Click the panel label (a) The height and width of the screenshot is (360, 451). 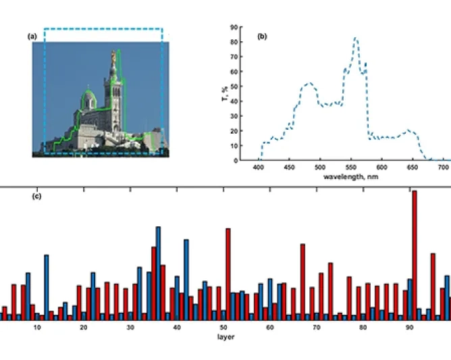coord(32,36)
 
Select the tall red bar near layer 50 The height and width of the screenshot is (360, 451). coord(228,273)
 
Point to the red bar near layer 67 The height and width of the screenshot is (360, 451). coord(302,281)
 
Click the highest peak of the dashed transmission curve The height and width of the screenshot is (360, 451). coord(356,38)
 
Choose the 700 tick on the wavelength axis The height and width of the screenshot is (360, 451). coord(443,166)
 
